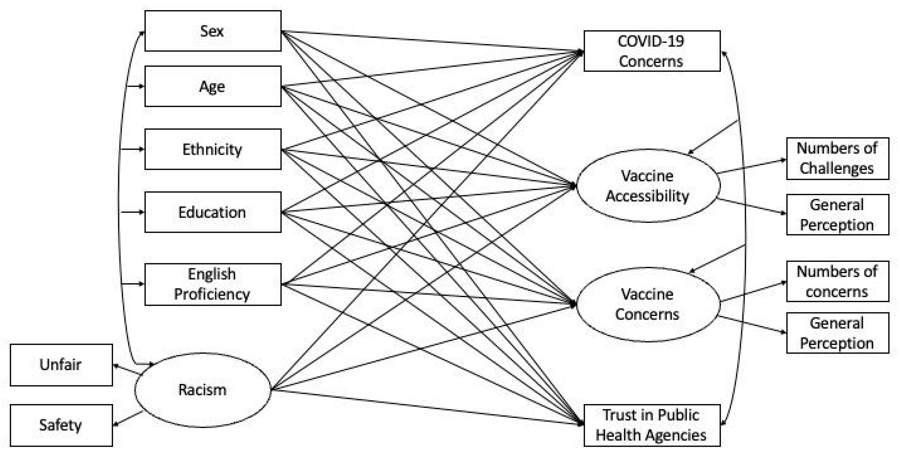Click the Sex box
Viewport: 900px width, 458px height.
coord(213,31)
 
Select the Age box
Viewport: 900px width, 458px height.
coord(213,86)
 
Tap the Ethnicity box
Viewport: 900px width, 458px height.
coord(213,149)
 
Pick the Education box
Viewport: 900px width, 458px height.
coord(213,212)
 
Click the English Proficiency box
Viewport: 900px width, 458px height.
coord(213,284)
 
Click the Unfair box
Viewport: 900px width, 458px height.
coord(61,365)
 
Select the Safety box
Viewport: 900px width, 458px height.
coord(61,425)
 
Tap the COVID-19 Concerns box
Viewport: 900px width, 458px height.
coord(652,51)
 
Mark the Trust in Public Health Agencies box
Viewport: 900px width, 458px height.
coord(652,425)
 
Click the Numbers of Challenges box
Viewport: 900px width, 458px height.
coord(837,158)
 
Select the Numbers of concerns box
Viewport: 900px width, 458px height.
coord(837,281)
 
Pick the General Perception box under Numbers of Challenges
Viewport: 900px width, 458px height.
coord(837,214)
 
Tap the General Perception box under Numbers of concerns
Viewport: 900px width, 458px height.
coord(837,333)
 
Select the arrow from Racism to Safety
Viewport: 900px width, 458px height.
coord(128,419)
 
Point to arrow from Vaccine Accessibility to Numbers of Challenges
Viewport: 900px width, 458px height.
coord(751,166)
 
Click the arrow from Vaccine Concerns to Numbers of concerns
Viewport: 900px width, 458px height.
coord(753,291)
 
